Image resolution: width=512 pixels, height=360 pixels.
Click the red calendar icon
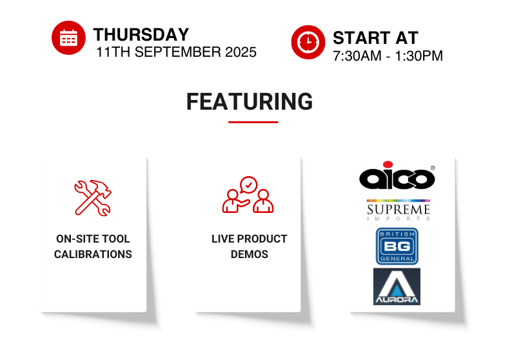[68, 38]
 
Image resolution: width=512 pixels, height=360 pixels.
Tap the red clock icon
[308, 42]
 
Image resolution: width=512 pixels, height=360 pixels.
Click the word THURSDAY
[141, 35]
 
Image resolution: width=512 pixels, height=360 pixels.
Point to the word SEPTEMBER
[177, 52]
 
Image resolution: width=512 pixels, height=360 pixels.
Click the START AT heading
[375, 38]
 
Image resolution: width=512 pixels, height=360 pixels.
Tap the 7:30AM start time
[357, 56]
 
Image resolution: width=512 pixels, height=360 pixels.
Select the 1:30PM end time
[419, 56]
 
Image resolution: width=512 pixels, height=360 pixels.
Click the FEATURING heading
[250, 101]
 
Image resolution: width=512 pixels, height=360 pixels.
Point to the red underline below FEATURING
[253, 122]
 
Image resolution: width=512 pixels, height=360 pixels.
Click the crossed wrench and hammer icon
[93, 197]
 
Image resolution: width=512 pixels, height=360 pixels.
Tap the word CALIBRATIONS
[93, 254]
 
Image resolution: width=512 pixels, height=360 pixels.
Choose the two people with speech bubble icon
[248, 195]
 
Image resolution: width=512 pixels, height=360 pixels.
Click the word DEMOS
[250, 254]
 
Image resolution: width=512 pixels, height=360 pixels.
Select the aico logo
[397, 175]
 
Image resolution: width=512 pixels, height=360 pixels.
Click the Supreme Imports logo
[399, 210]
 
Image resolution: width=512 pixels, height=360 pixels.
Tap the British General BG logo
[397, 246]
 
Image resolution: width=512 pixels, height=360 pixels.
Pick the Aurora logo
[397, 286]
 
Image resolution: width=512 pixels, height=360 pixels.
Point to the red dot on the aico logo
[388, 165]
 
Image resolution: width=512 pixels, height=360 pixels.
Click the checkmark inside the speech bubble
[249, 185]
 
